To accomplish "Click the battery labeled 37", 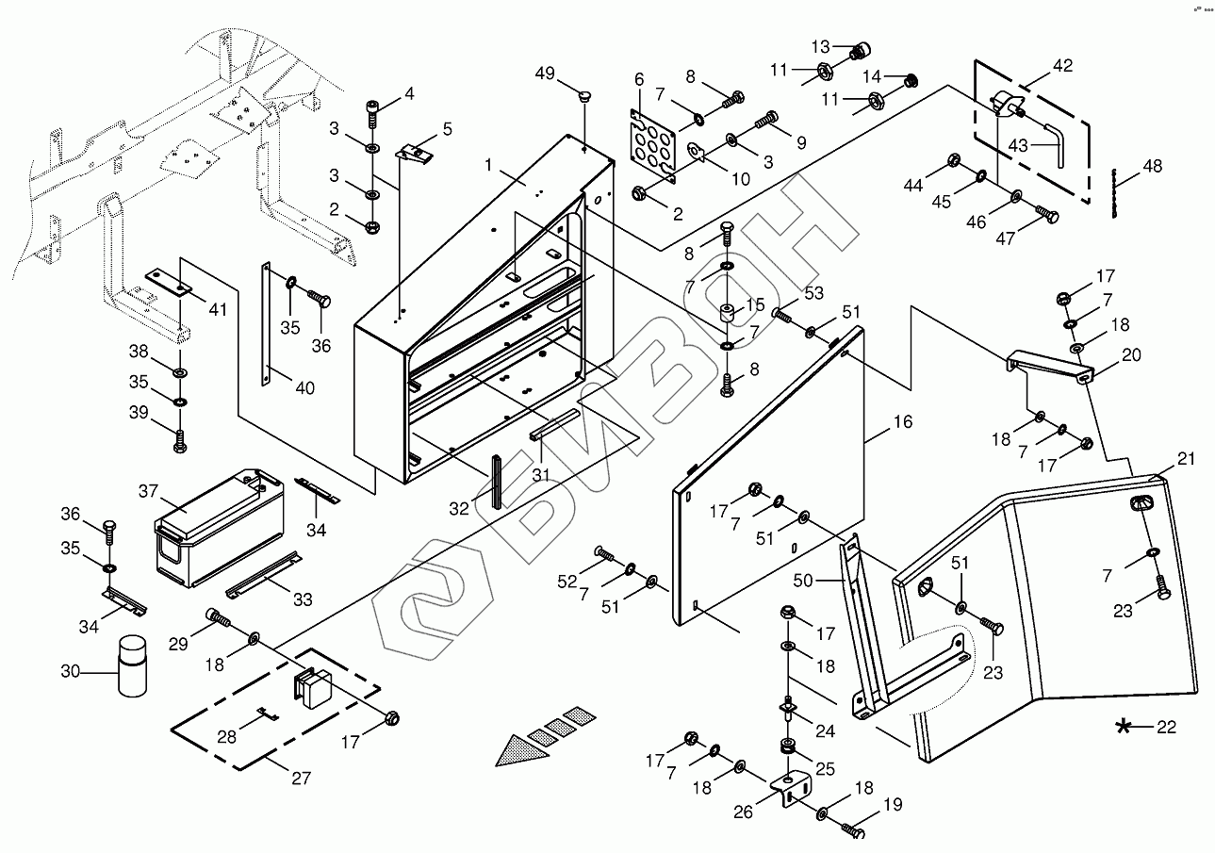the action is pos(220,528).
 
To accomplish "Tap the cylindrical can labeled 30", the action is pos(132,666).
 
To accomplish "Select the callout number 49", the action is pos(545,73).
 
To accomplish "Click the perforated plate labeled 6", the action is pos(653,146).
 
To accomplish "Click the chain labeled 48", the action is pos(1113,193).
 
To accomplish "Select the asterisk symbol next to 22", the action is pos(1124,727).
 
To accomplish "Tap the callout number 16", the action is pos(903,421).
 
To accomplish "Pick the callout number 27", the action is pos(301,779).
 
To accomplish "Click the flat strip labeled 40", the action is pos(266,324).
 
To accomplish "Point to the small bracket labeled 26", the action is pos(791,788).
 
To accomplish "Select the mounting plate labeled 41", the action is pos(169,282).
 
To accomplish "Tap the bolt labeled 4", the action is pos(372,114).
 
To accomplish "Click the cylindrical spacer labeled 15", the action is pos(727,314).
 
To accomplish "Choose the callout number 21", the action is pos(1187,459).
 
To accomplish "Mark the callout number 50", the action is pos(803,581).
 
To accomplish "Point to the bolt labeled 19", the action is pos(853,829).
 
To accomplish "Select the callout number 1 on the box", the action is pos(488,165).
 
